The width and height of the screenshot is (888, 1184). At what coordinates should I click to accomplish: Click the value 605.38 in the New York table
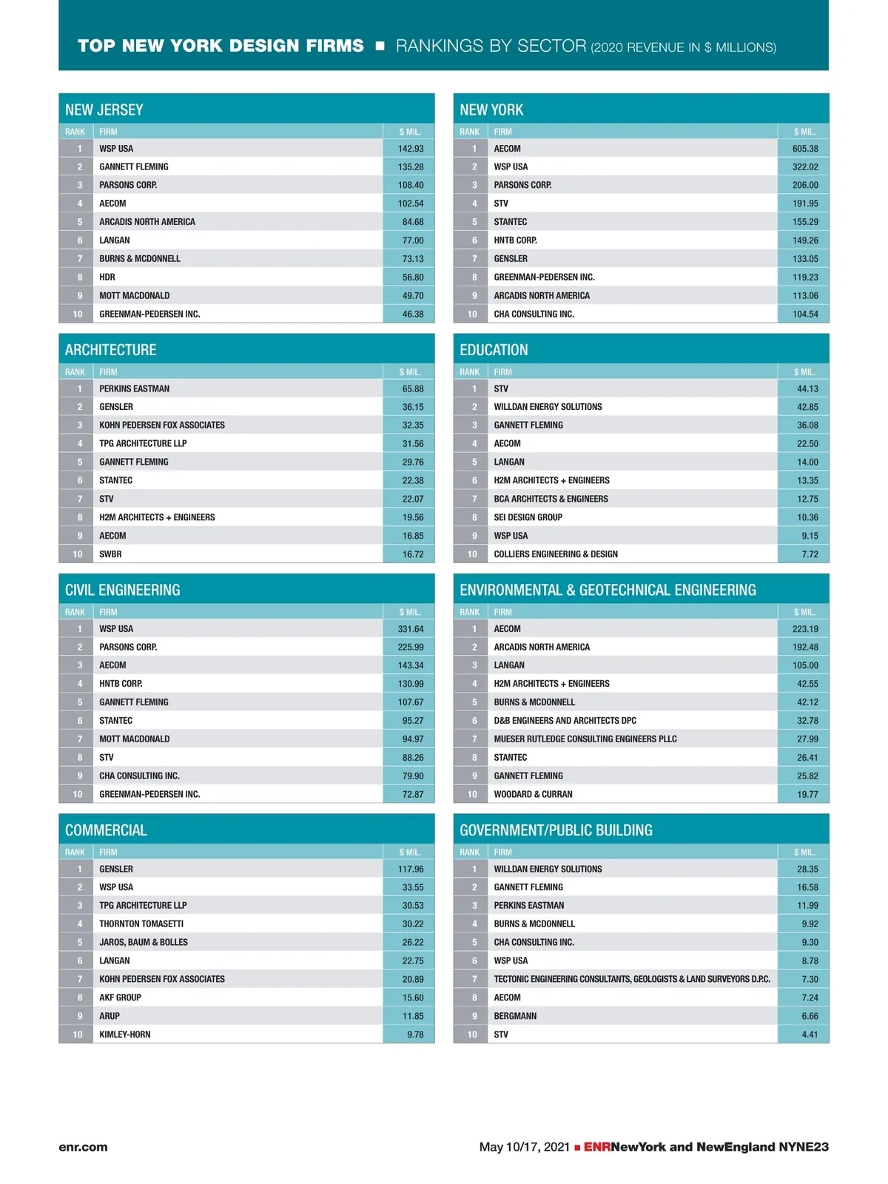pyautogui.click(x=804, y=149)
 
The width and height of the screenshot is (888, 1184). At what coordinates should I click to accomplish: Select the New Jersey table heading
pyautogui.click(x=104, y=110)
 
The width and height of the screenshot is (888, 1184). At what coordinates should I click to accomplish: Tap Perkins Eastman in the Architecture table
pyautogui.click(x=134, y=388)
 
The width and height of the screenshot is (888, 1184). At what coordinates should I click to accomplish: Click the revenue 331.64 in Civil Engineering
pyautogui.click(x=411, y=629)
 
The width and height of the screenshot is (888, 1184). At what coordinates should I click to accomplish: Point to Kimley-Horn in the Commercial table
pyautogui.click(x=124, y=1035)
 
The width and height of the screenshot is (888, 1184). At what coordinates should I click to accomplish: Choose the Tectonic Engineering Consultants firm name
pyautogui.click(x=632, y=979)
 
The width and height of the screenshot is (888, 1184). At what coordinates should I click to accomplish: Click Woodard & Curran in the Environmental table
pyautogui.click(x=533, y=794)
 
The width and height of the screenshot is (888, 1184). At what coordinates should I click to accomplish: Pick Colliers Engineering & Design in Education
pyautogui.click(x=556, y=554)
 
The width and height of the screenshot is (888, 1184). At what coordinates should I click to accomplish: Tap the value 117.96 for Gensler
pyautogui.click(x=411, y=869)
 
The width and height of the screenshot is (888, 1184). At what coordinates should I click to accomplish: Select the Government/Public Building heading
pyautogui.click(x=556, y=830)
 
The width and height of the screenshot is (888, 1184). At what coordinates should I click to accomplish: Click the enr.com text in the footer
pyautogui.click(x=83, y=1147)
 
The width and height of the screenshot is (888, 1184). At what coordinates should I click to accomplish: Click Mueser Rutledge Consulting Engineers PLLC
pyautogui.click(x=585, y=739)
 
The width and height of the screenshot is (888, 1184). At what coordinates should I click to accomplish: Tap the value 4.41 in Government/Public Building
pyautogui.click(x=810, y=1035)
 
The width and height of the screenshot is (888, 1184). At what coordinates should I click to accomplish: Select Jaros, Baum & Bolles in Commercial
pyautogui.click(x=144, y=942)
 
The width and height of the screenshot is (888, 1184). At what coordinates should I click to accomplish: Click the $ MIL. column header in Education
pyautogui.click(x=804, y=372)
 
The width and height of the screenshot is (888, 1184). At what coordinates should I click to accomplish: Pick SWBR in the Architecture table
pyautogui.click(x=110, y=554)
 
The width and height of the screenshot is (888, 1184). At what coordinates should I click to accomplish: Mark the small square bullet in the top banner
pyautogui.click(x=380, y=46)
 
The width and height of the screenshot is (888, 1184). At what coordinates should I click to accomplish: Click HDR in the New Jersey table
pyautogui.click(x=107, y=277)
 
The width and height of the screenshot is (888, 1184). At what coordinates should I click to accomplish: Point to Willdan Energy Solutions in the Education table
pyautogui.click(x=548, y=407)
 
